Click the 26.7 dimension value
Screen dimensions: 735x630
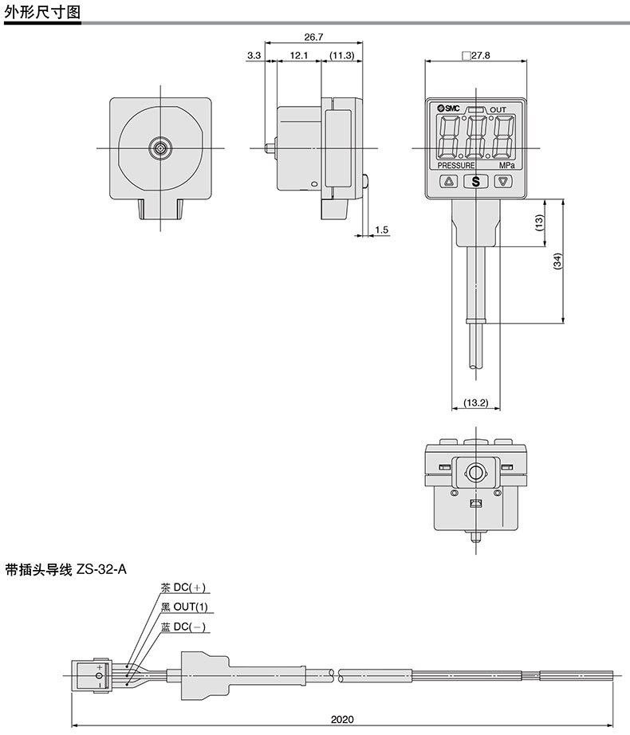pyautogui.click(x=313, y=36)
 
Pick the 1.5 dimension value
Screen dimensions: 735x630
pyautogui.click(x=381, y=230)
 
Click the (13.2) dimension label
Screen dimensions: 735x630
pyautogui.click(x=475, y=403)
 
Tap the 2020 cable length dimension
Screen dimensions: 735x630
pyautogui.click(x=341, y=719)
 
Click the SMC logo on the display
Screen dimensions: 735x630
pyautogui.click(x=449, y=108)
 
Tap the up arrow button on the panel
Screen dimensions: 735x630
pyautogui.click(x=449, y=181)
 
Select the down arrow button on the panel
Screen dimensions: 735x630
pyautogui.click(x=503, y=181)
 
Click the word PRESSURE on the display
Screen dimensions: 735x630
pyautogui.click(x=456, y=165)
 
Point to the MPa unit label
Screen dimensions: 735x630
pyautogui.click(x=506, y=165)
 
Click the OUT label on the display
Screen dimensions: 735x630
pyautogui.click(x=498, y=109)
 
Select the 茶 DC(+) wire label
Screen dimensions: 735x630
pyautogui.click(x=183, y=588)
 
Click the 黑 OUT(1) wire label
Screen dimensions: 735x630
pyautogui.click(x=183, y=607)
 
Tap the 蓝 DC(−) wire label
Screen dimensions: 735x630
pyautogui.click(x=183, y=627)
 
